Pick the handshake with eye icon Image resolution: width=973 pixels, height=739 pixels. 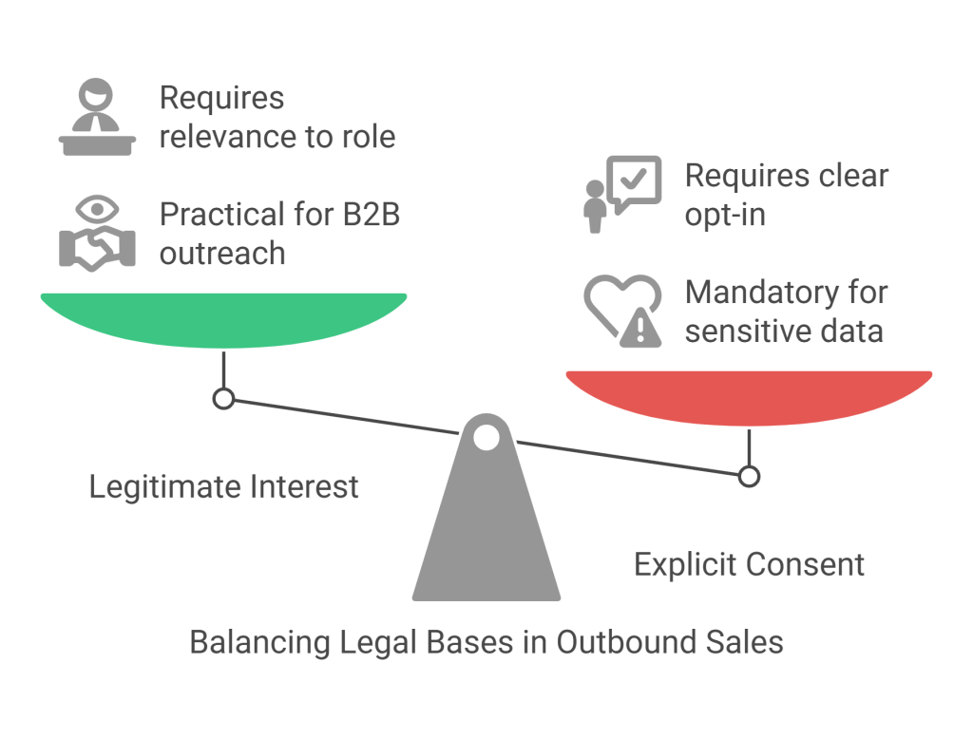tap(98, 233)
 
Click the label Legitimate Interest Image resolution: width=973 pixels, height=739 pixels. tap(224, 487)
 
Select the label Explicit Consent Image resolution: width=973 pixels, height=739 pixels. tap(750, 564)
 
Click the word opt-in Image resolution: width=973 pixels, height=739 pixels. tap(725, 214)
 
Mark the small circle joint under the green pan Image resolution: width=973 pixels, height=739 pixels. tap(223, 399)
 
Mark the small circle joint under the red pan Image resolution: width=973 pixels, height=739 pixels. tap(749, 476)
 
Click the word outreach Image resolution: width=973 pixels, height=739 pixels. tap(222, 254)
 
